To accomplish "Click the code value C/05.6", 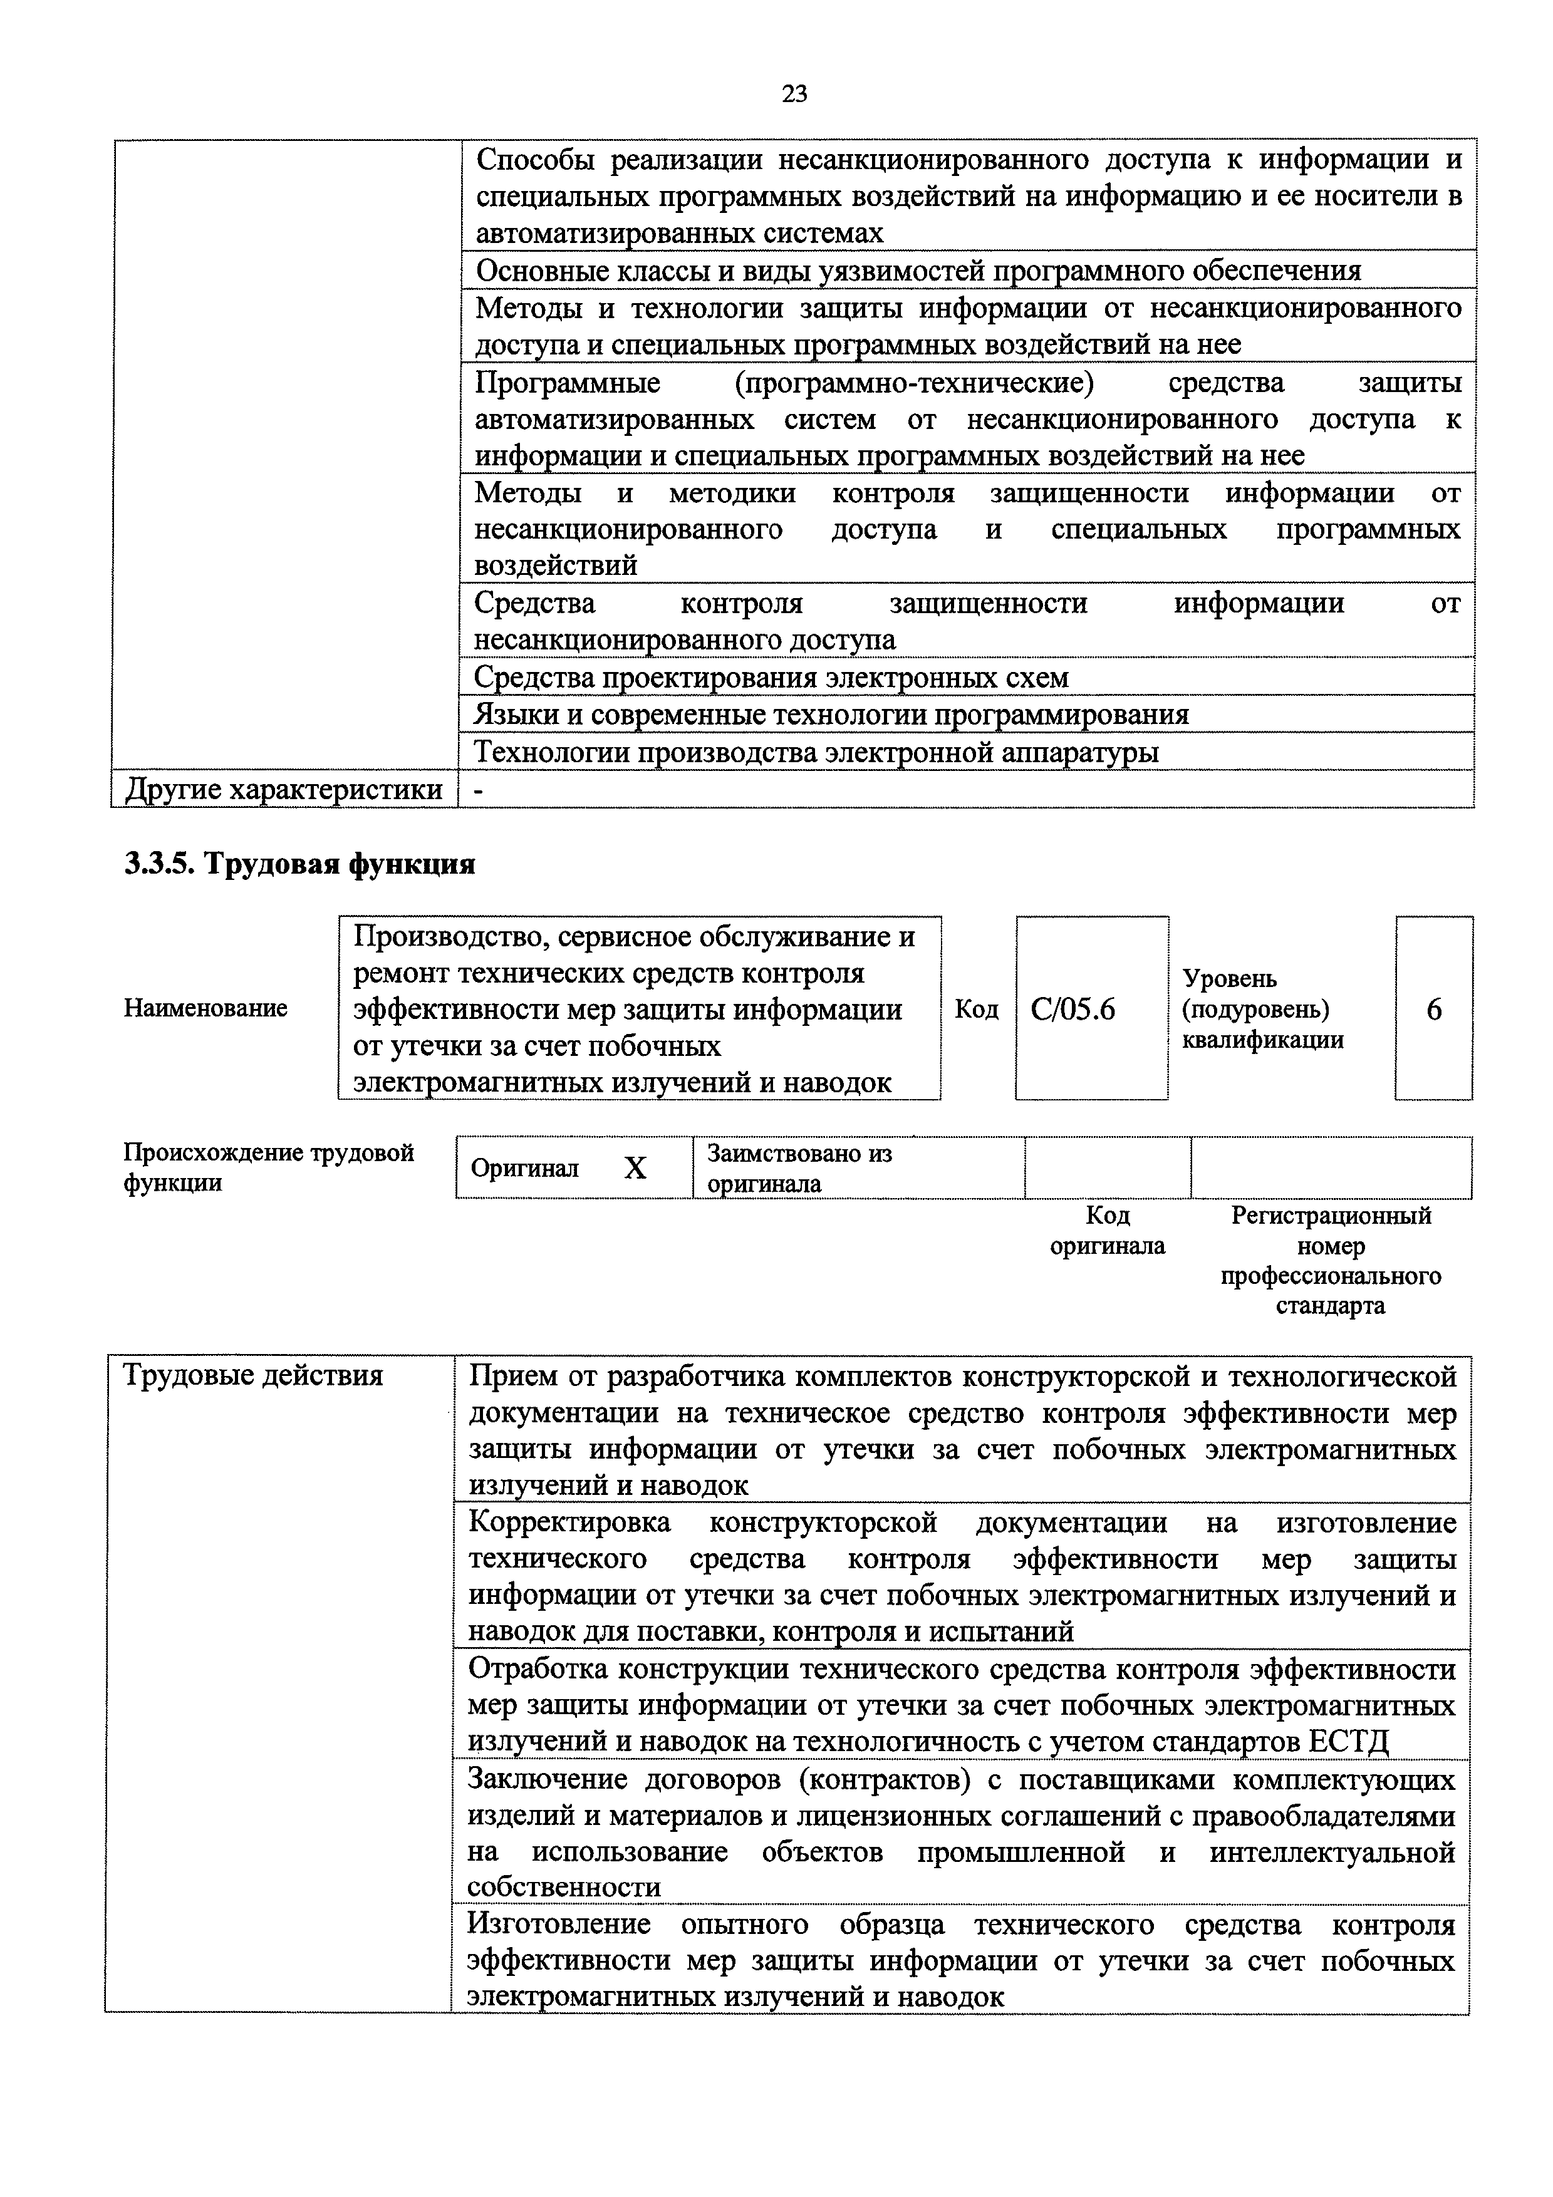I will point(1073,1010).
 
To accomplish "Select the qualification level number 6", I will point(1433,1010).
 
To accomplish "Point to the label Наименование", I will point(205,1008).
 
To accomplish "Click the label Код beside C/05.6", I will point(976,1010).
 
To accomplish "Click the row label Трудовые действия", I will point(254,1375).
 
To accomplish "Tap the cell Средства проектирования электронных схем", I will point(771,678).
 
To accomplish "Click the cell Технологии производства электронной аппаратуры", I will point(816,752).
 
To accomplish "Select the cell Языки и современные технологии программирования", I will point(831,715).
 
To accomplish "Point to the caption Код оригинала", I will point(1107,1231).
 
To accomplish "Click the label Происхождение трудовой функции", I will point(269,1167).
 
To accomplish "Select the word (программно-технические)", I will point(914,383).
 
